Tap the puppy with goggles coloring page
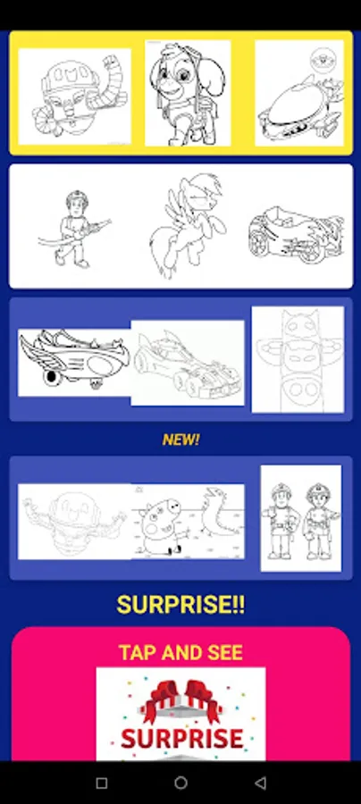(x=188, y=93)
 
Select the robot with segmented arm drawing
(x=75, y=96)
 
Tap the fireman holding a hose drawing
(x=71, y=228)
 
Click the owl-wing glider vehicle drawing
(x=74, y=362)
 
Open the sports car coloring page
(x=188, y=363)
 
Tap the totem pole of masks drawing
(x=298, y=359)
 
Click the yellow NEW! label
(x=180, y=440)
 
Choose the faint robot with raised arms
(x=75, y=521)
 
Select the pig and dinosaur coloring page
(x=188, y=521)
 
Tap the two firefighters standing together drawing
(x=301, y=518)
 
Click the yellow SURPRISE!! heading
(x=180, y=605)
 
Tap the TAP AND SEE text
(x=180, y=652)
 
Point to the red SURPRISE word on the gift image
(x=181, y=739)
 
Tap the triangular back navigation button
(x=260, y=783)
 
